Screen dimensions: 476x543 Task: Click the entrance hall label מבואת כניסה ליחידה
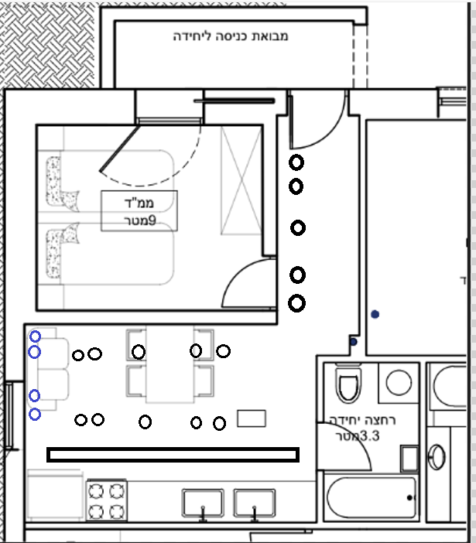(231, 36)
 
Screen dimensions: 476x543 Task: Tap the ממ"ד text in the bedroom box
(139, 203)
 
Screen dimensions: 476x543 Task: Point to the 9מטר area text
(140, 220)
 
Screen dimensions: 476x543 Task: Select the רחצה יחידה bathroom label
(362, 420)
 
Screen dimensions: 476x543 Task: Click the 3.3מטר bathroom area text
(358, 435)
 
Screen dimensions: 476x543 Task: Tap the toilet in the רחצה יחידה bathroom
(348, 384)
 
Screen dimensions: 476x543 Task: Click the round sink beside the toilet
(399, 383)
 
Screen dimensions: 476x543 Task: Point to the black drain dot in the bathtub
(409, 497)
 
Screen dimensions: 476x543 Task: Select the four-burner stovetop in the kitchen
(106, 500)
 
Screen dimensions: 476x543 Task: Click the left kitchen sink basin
(203, 504)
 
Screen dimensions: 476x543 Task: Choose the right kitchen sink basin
(255, 504)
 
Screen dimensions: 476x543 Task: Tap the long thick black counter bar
(173, 455)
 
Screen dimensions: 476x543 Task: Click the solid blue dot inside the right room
(375, 314)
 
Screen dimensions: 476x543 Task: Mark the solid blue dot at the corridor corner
(354, 342)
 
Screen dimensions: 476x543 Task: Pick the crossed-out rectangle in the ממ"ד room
(241, 180)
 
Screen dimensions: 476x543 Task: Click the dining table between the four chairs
(170, 364)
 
